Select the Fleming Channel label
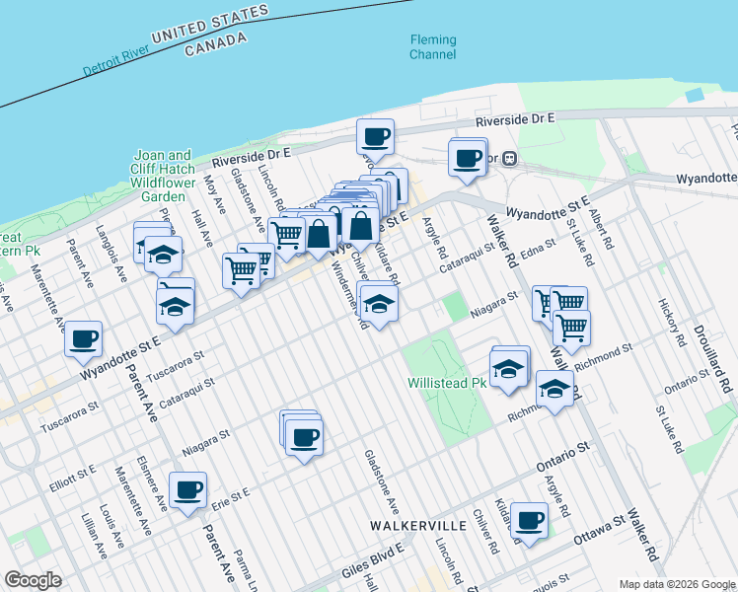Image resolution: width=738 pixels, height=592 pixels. [x=433, y=47]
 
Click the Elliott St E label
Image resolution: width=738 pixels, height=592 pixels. [x=72, y=478]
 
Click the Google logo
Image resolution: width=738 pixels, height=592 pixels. [x=34, y=580]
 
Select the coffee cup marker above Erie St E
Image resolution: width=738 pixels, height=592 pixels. [x=187, y=489]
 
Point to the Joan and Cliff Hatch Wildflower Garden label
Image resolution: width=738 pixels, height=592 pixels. [x=164, y=176]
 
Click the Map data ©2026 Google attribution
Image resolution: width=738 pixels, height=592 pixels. [x=678, y=584]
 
